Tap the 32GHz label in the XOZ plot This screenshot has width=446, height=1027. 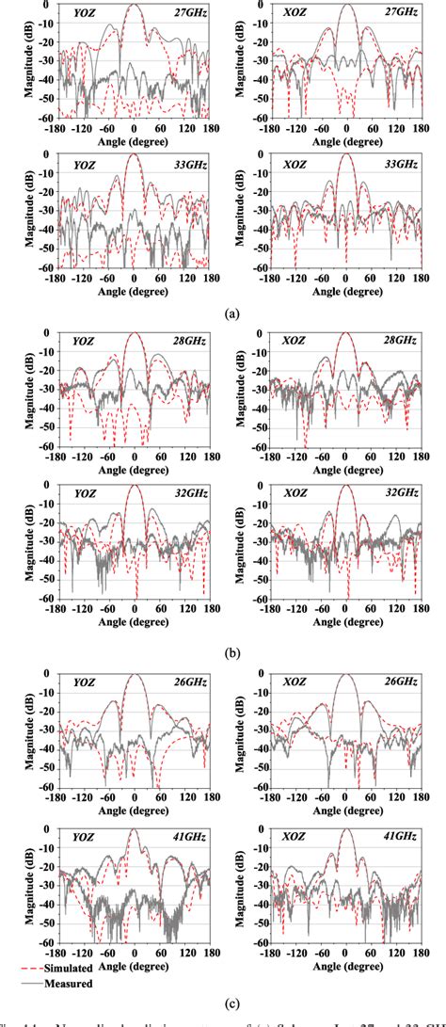tap(400, 492)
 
